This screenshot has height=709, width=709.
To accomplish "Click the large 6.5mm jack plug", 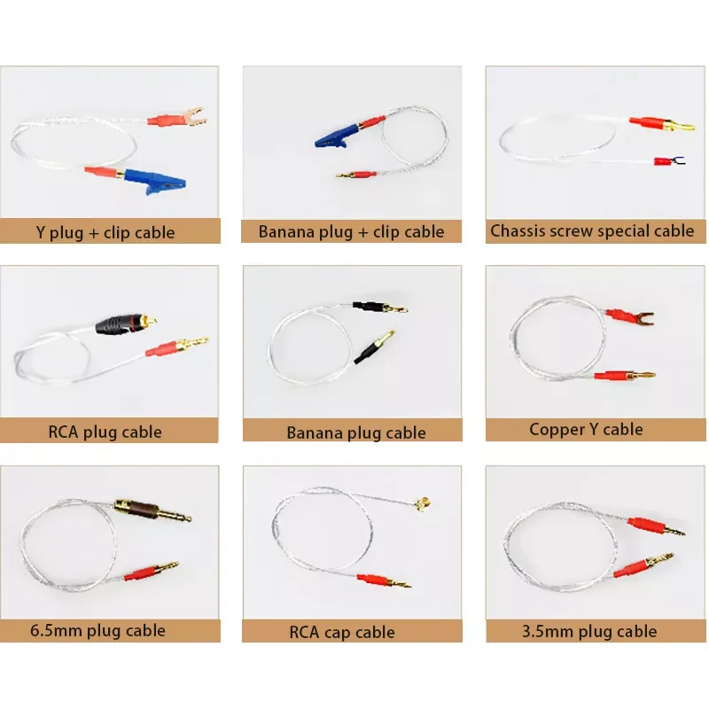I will (150, 512).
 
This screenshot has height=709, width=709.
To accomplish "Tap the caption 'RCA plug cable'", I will (105, 432).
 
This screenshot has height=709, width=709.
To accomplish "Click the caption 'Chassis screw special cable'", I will (592, 231).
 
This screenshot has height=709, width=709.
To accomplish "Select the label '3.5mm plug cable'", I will (591, 631).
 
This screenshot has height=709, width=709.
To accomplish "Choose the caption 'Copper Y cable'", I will (586, 430).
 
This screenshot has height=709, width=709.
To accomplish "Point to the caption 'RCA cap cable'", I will (341, 632).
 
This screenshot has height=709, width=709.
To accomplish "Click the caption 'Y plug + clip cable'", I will (105, 233).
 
